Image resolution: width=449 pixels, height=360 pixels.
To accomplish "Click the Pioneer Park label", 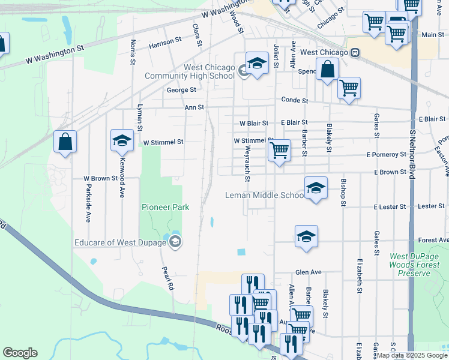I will [165, 207].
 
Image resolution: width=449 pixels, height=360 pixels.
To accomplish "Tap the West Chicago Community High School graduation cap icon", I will [257, 64].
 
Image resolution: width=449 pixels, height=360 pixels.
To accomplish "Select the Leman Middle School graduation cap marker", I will [316, 188].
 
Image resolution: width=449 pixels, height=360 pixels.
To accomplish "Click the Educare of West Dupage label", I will [122, 242].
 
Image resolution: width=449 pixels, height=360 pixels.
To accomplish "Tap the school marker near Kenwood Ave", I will [122, 140].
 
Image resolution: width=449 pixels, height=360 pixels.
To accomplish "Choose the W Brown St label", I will [99, 179].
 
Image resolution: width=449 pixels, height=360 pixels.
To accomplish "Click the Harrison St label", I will [165, 41].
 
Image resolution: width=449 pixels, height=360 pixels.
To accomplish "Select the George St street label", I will [181, 90].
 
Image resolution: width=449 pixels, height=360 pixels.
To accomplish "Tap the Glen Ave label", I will [309, 272].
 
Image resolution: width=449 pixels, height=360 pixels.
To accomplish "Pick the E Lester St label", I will [390, 206].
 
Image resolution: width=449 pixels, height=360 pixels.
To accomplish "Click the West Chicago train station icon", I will [355, 52].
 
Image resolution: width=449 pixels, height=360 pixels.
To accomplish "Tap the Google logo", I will [20, 353].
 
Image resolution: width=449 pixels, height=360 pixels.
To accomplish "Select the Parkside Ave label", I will [88, 206].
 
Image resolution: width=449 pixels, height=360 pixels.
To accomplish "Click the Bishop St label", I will [343, 192].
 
